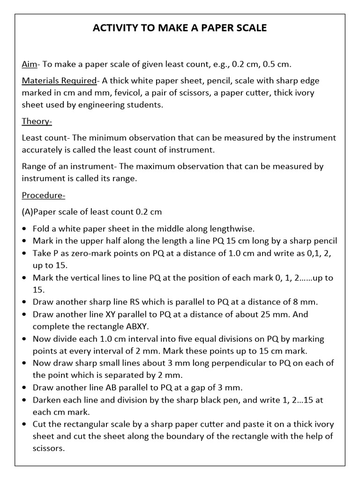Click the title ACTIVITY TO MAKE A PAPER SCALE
coord(180,29)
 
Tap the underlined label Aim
coord(30,64)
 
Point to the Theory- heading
coord(37,121)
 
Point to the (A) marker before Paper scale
coord(27,211)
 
